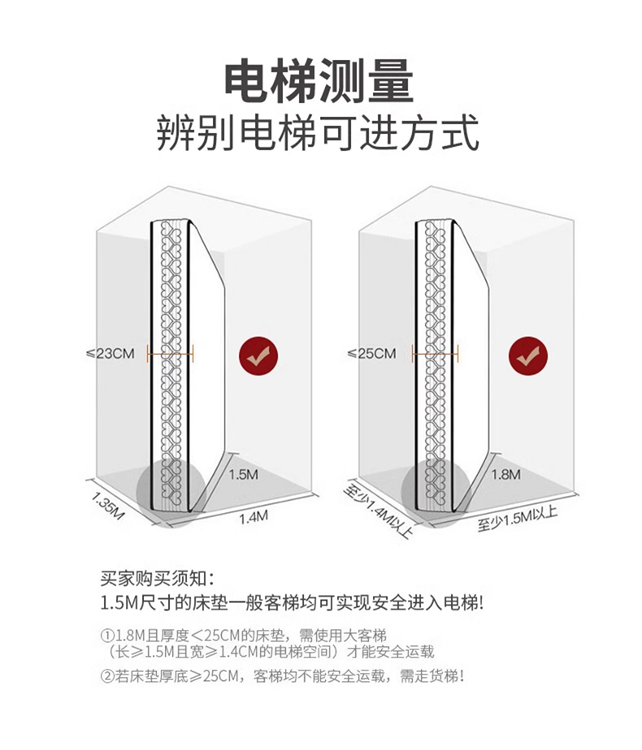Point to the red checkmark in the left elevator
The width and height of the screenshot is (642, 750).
[x=258, y=356]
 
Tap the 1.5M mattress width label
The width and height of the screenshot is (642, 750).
[x=243, y=474]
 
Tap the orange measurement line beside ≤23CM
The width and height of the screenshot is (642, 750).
[x=170, y=352]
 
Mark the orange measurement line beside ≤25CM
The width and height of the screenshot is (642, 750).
[x=436, y=352]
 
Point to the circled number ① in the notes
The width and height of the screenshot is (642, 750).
[x=106, y=635]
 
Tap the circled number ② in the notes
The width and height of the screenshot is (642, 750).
[x=106, y=676]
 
